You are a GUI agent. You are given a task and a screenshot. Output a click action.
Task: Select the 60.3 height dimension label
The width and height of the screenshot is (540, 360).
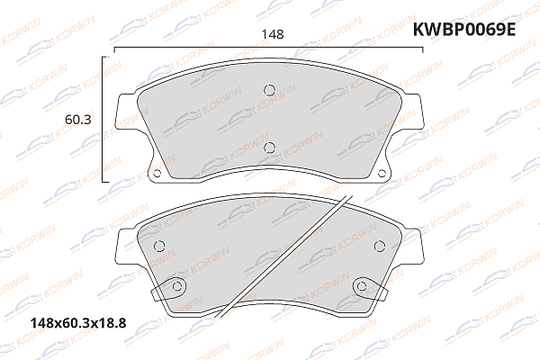pos(76,118)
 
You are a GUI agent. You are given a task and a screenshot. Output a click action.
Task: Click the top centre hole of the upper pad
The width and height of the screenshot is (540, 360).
pos(268,88)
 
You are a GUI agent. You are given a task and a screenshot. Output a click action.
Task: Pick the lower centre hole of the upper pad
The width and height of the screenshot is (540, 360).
pos(268,148)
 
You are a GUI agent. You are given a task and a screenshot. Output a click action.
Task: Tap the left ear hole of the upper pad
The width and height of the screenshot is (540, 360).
pos(155,174)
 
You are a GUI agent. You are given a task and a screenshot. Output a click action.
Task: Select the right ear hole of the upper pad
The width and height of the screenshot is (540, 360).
pos(382,174)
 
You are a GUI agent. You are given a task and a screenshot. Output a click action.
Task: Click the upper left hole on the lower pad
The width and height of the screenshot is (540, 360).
pos(160,247)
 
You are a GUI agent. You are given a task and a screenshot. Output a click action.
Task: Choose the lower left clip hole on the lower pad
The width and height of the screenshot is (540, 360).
pos(177,286)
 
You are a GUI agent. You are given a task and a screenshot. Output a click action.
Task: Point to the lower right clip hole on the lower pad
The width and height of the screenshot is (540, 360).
pos(361,286)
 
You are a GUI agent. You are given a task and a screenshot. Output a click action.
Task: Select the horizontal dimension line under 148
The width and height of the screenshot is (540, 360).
pos(268,47)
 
